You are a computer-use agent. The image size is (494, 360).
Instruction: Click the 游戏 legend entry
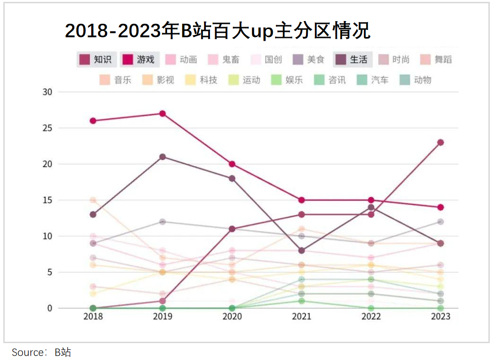tap(140, 59)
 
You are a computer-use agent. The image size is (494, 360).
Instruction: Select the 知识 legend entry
tap(96, 59)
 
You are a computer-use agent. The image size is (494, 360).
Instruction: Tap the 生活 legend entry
tap(353, 59)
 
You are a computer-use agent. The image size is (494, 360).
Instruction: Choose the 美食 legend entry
tap(310, 59)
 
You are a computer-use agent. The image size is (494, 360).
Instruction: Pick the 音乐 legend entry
tap(116, 80)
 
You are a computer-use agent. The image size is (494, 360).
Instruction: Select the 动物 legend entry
tap(416, 80)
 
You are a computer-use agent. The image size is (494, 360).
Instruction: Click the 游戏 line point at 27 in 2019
tap(162, 113)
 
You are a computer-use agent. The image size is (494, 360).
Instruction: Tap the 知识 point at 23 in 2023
tap(440, 142)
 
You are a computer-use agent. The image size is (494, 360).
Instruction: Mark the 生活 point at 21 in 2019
tap(162, 157)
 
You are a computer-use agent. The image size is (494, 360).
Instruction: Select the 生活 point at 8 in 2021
tap(301, 250)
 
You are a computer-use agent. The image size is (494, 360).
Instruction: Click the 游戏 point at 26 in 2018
tap(93, 121)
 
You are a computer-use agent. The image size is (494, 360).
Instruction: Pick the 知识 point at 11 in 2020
tap(232, 229)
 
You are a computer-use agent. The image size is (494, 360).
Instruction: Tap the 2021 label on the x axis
tap(301, 317)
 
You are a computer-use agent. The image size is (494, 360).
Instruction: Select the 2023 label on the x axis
tap(440, 317)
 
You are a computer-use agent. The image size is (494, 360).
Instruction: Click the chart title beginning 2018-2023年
tap(218, 31)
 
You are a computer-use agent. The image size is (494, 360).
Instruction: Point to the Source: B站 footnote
tap(42, 352)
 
